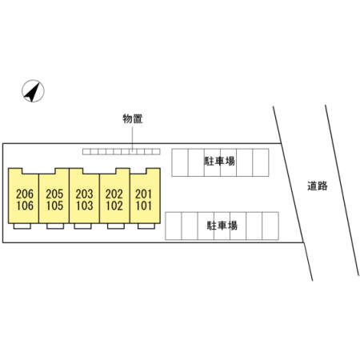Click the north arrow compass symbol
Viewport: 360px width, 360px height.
(x=33, y=91)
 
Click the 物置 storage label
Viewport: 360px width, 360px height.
(x=133, y=118)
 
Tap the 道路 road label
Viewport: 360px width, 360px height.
(x=318, y=186)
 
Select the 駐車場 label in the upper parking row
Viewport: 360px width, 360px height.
(x=219, y=162)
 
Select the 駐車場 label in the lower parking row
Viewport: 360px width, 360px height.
(x=222, y=226)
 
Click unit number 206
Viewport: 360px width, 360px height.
(x=25, y=194)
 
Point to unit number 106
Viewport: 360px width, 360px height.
(x=25, y=206)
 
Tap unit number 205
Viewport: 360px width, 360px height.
(x=54, y=194)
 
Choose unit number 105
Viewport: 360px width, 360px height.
(x=54, y=206)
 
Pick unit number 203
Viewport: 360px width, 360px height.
(x=84, y=194)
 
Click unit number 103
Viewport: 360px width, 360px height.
(x=84, y=206)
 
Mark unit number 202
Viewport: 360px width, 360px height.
(x=114, y=194)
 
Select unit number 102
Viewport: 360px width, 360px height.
(x=114, y=206)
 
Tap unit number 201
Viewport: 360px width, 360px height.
(x=143, y=194)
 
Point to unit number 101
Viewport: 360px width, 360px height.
(x=143, y=206)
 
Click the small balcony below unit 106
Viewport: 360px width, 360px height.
(x=22, y=226)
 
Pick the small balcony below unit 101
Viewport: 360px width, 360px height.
(x=146, y=226)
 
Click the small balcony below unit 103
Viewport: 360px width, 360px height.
(x=83, y=226)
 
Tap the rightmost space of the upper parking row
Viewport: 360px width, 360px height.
(x=261, y=162)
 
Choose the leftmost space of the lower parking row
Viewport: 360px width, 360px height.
(x=174, y=226)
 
